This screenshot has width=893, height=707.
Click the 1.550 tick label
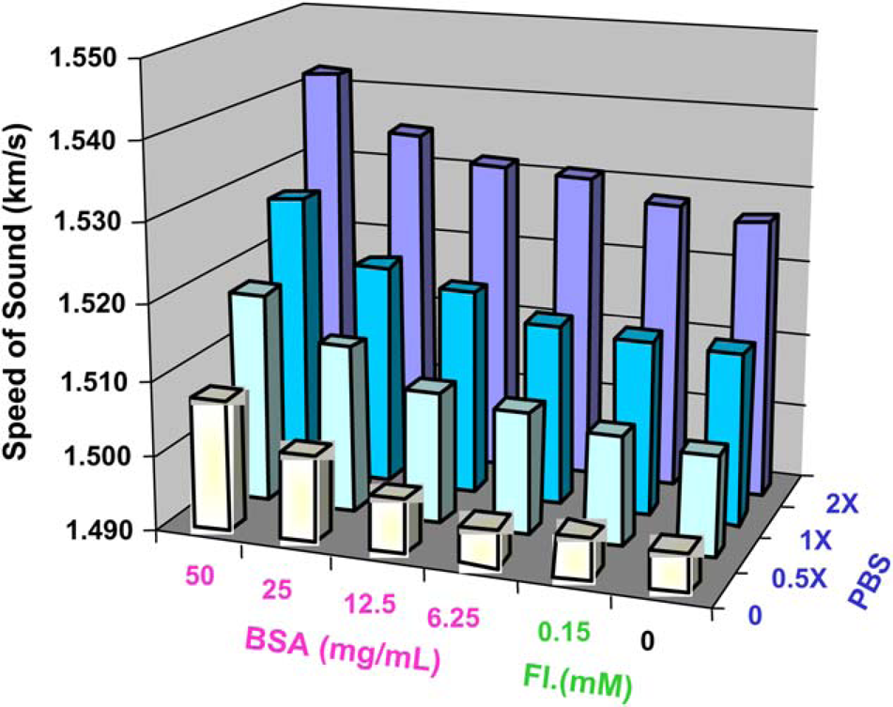click(89, 58)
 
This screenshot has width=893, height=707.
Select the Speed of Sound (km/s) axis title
click(16, 290)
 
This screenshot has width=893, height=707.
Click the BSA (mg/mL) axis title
click(344, 651)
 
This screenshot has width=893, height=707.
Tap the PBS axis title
click(869, 583)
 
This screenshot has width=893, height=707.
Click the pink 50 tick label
click(199, 576)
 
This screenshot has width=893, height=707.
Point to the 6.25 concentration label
click(454, 617)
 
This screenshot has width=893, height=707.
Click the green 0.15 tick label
click(563, 631)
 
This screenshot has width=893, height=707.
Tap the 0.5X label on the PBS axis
click(798, 579)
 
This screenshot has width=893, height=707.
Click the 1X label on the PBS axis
click(814, 541)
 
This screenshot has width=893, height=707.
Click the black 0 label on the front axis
click(647, 642)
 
